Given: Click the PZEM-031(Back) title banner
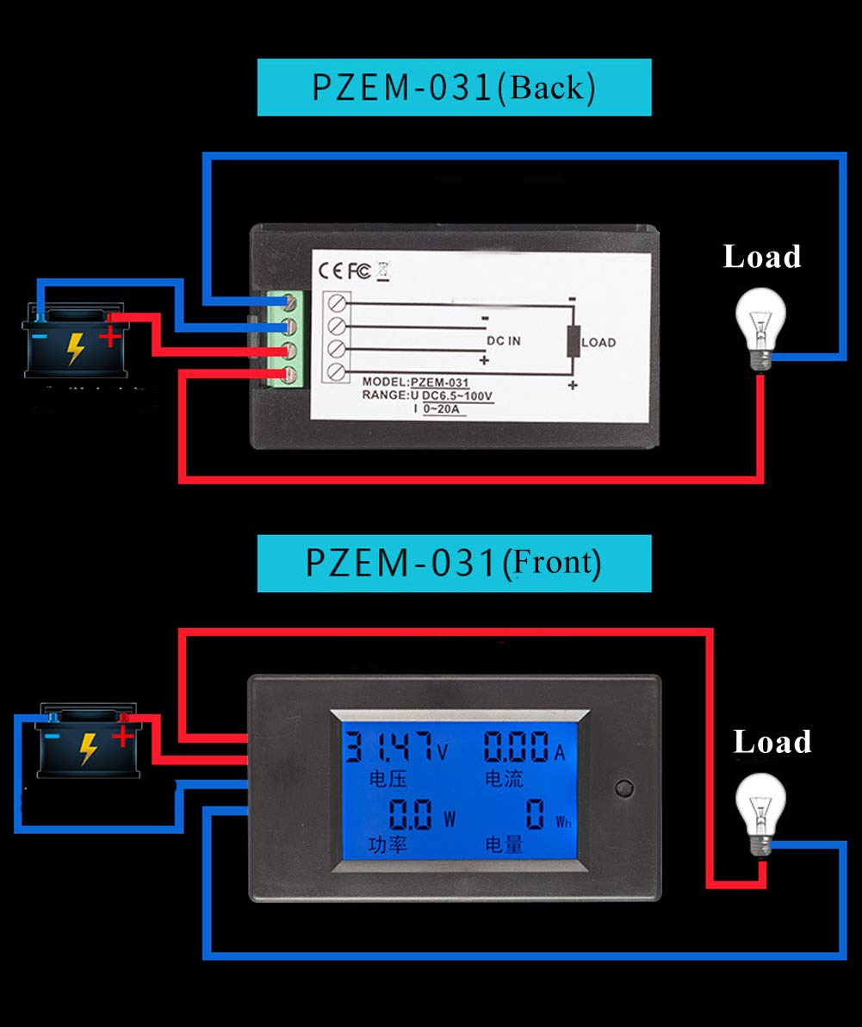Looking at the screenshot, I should [x=454, y=87].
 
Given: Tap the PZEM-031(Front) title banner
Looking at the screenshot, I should [x=454, y=563].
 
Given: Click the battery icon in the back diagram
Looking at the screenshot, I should [x=74, y=340].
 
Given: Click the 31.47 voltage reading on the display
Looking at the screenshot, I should [x=388, y=747].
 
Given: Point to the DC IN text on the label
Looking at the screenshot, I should [x=504, y=341].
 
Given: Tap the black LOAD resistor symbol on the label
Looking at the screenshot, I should [x=572, y=342].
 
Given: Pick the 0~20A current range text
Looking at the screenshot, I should [x=444, y=409].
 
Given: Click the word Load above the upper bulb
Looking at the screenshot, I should [x=761, y=257].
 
